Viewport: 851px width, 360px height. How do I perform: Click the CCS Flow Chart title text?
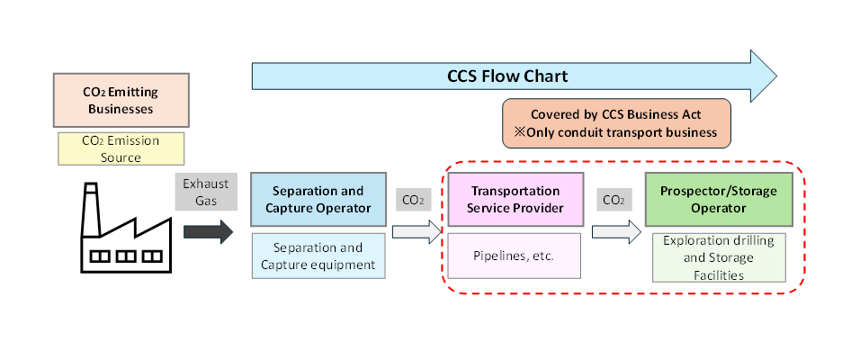507,75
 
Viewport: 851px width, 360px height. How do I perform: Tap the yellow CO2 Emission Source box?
121,148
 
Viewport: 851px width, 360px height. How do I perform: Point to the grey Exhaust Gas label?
207,192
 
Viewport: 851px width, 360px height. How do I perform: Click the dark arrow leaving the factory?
207,231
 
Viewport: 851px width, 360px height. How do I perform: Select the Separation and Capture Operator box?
318,199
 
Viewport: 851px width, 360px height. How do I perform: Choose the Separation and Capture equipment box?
318,256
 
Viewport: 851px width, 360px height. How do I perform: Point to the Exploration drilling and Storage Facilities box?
719,257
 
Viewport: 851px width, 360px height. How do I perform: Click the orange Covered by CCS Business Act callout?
615,123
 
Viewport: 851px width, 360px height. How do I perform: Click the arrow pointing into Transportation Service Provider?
419,232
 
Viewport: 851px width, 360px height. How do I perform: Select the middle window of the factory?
125,256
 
